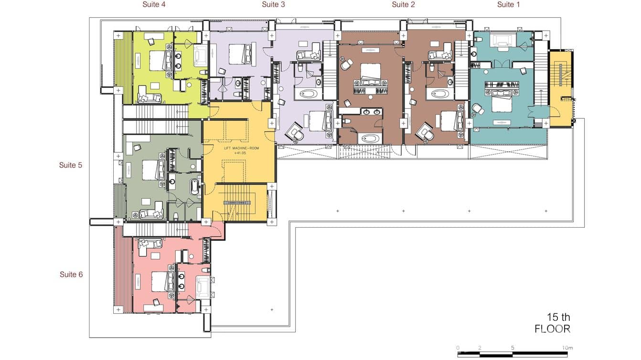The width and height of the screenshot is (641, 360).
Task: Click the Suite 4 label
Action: (x=154, y=5)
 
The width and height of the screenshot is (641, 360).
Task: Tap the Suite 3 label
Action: (x=273, y=5)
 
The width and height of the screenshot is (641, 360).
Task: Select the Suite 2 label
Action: (x=403, y=5)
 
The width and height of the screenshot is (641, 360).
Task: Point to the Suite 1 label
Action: (x=508, y=5)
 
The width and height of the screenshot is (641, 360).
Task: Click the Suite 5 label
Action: (x=70, y=165)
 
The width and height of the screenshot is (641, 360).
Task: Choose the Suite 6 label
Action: (x=71, y=275)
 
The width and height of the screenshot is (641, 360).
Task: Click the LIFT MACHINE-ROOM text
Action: (x=242, y=148)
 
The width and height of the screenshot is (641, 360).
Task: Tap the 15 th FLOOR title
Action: (x=553, y=323)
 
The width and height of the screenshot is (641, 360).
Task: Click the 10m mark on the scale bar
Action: (x=567, y=348)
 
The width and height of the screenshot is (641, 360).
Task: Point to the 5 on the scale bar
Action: (x=513, y=348)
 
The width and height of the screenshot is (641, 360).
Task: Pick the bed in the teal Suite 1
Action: (x=502, y=102)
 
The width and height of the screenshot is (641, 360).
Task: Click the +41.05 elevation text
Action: (x=240, y=153)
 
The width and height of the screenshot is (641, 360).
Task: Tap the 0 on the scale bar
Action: (x=458, y=348)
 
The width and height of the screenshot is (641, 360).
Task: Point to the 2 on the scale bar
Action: (x=480, y=348)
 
